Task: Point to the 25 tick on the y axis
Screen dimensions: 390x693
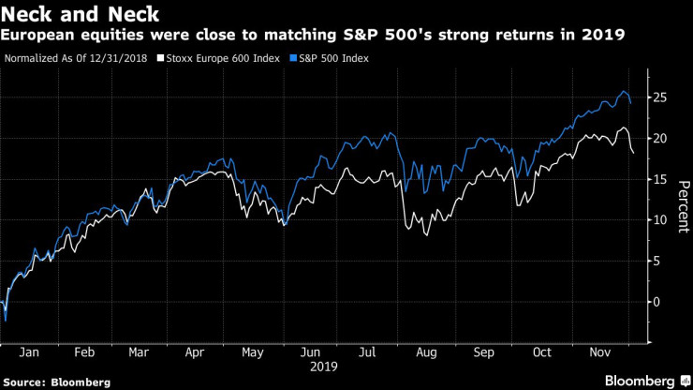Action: [x=659, y=97]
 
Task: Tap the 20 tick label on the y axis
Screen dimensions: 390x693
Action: [x=659, y=139]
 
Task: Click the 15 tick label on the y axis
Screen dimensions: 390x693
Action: [x=659, y=179]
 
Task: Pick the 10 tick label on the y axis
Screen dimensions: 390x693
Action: [x=659, y=220]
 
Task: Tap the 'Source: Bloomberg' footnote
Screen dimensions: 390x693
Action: [x=56, y=382]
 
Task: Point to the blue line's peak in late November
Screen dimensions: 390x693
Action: [x=624, y=91]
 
